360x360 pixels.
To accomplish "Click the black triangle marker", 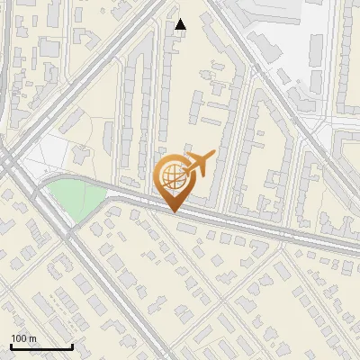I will (181, 24).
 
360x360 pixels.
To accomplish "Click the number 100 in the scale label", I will (18, 338).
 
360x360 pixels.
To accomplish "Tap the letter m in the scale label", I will (32, 338).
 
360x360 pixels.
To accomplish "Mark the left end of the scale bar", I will (11, 346).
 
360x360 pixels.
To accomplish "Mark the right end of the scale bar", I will (72, 346).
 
